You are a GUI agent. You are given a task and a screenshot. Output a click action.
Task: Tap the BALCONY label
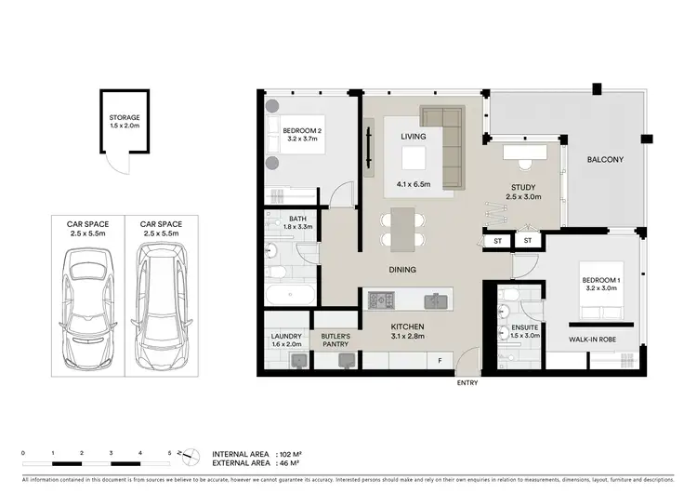tap(605, 160)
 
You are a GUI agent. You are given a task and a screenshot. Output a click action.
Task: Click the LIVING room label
tap(413, 137)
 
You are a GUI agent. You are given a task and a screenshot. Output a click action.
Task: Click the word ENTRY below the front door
tap(467, 383)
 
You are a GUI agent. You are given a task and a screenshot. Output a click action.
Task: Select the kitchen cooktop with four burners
tap(382, 301)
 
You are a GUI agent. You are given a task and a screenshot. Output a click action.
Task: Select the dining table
tap(403, 229)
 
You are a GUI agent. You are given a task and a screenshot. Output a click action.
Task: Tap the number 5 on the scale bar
tap(169, 451)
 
